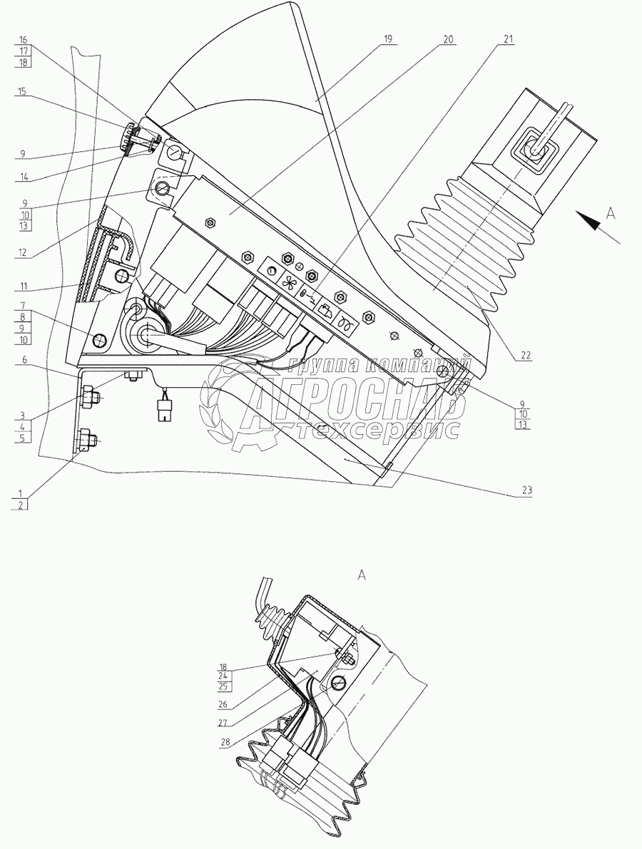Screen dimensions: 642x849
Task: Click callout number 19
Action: (387, 39)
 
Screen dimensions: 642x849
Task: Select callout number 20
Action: (447, 39)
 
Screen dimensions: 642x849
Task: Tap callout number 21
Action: (508, 39)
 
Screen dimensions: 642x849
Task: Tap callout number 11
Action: (23, 286)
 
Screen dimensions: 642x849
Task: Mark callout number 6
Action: (23, 361)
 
